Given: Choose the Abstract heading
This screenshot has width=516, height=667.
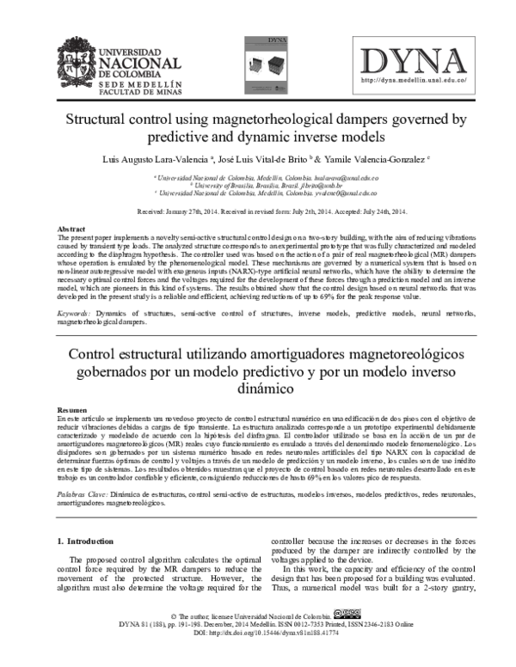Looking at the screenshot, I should coord(71,229).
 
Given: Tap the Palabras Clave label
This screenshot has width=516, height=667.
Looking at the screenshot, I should coord(82,496).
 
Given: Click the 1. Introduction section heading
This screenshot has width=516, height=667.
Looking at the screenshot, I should coord(89,542).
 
